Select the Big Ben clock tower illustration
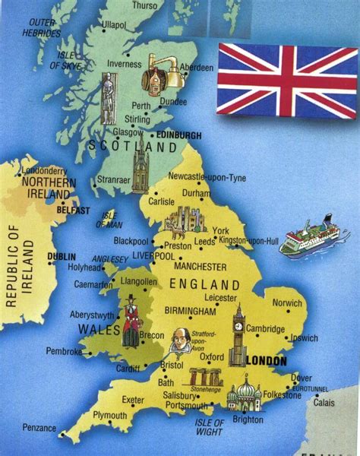click(x=238, y=335)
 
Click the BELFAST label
click(x=73, y=210)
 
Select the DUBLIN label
click(x=62, y=257)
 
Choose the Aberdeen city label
click(x=197, y=67)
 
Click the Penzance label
click(x=39, y=427)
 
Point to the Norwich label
click(x=287, y=302)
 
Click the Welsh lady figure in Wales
click(x=131, y=322)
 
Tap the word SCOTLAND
click(x=132, y=145)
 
